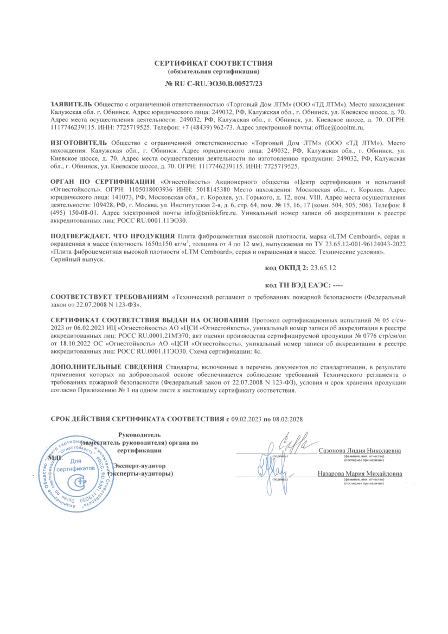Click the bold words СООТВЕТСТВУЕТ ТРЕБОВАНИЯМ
pos(110,297)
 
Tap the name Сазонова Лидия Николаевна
pos(360,451)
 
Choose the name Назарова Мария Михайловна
pos(360,475)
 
